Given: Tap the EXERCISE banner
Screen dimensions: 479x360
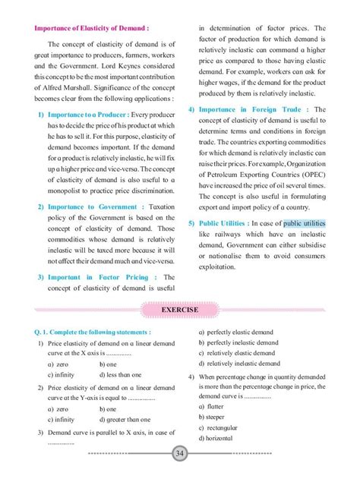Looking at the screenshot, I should [180, 310].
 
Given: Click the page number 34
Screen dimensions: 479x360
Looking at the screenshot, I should [180, 453].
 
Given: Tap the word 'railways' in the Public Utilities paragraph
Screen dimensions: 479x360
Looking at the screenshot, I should [229, 235].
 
